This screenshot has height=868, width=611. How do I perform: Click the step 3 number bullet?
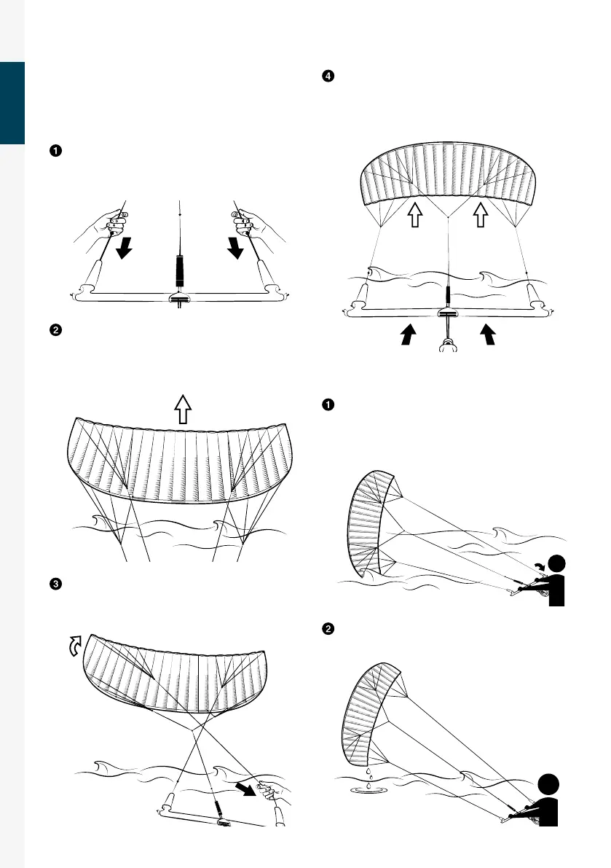(x=55, y=584)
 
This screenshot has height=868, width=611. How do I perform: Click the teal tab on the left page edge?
(x=12, y=103)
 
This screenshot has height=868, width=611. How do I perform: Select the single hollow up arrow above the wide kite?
(x=182, y=405)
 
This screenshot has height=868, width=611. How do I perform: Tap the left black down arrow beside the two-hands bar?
(x=124, y=249)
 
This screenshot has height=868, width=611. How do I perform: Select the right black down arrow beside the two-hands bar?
(x=235, y=249)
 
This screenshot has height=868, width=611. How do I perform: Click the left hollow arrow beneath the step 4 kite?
(x=414, y=215)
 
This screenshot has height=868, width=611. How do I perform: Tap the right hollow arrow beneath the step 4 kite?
(x=480, y=215)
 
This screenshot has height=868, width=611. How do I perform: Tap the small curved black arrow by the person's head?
(x=540, y=565)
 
